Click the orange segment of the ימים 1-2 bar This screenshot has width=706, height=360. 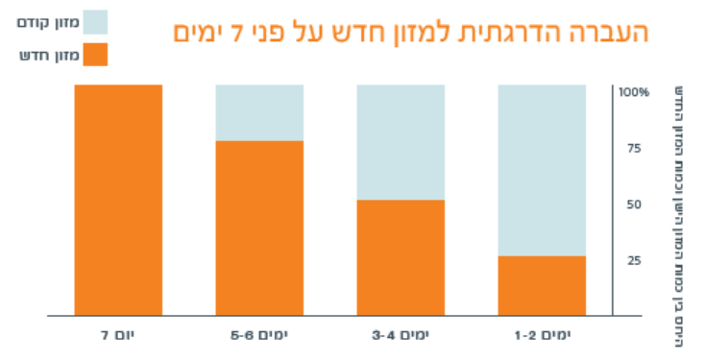coord(542,285)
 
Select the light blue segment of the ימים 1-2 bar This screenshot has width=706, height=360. coord(542,170)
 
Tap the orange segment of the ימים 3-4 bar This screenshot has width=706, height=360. coord(401,257)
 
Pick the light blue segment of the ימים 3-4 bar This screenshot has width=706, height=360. coord(401,142)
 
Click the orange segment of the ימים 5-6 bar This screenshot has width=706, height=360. coord(259,228)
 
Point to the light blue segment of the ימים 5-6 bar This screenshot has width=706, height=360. coord(259,112)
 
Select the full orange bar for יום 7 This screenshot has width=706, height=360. coord(118,200)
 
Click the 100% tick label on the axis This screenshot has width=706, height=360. coord(635,92)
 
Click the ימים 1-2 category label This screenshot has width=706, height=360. coord(543,335)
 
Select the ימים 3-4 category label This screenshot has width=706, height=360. coord(401,335)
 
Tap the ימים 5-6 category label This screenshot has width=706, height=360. coord(259,335)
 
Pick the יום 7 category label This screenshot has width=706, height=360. coord(118,335)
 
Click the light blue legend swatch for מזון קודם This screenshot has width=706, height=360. coord(95,22)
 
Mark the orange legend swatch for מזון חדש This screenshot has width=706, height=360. coord(95,55)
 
